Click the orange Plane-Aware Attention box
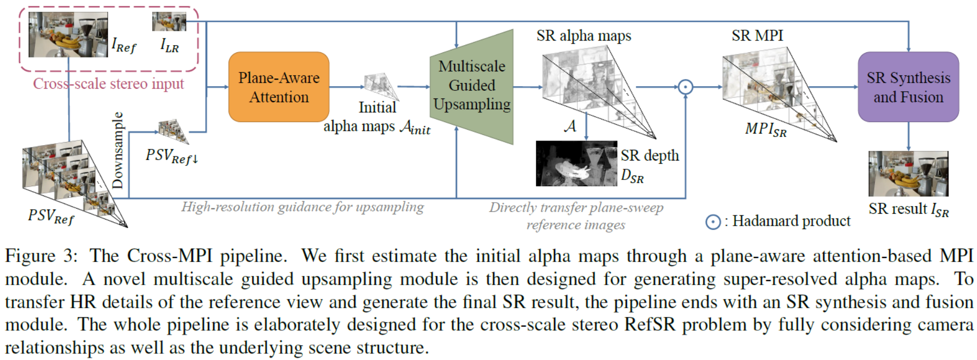pyautogui.click(x=278, y=87)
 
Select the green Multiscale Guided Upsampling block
pyautogui.click(x=472, y=86)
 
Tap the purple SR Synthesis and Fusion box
pyautogui.click(x=908, y=87)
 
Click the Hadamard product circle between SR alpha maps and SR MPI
pyautogui.click(x=685, y=87)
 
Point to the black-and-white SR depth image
pyautogui.click(x=576, y=164)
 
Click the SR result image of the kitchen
pyautogui.click(x=908, y=173)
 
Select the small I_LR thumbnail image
pyautogui.click(x=169, y=22)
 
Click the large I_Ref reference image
pyautogui.click(x=68, y=34)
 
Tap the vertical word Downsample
pyautogui.click(x=118, y=150)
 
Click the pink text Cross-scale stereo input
pyautogui.click(x=108, y=84)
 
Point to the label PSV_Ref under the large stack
pyautogui.click(x=51, y=216)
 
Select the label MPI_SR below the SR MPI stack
pyautogui.click(x=765, y=129)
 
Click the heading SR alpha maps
pyautogui.click(x=583, y=36)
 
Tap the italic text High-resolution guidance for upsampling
pyautogui.click(x=302, y=207)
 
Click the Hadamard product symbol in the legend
pyautogui.click(x=713, y=222)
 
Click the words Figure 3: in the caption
pyautogui.click(x=41, y=255)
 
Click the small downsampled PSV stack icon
pyautogui.click(x=173, y=131)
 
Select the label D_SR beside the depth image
pyautogui.click(x=632, y=176)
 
